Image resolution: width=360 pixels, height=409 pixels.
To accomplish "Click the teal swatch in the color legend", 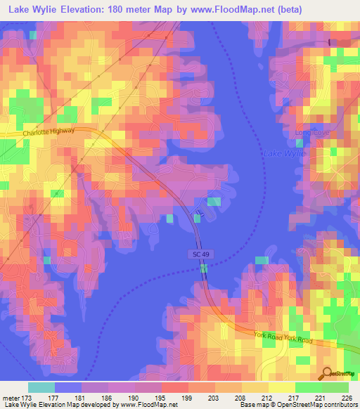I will point(41,387).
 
